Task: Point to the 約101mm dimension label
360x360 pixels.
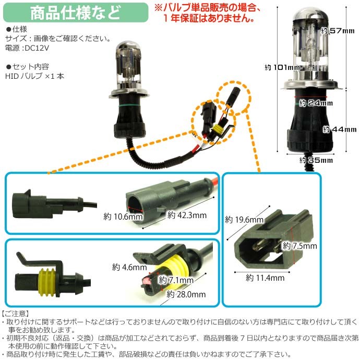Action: [282, 67]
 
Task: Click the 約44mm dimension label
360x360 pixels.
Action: [340, 129]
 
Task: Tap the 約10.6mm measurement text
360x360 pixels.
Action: [123, 217]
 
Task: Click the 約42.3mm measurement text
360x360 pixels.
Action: [187, 215]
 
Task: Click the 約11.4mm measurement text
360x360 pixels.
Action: [265, 278]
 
